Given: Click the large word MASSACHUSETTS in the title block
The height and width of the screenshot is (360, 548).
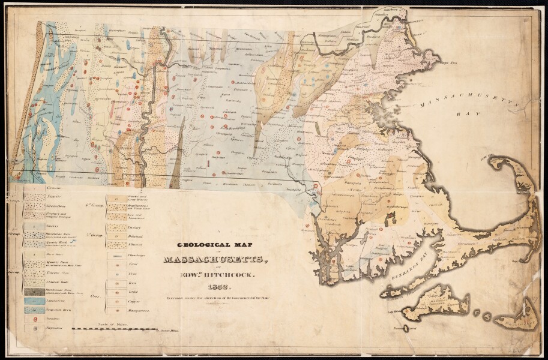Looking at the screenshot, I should pyautogui.click(x=211, y=259).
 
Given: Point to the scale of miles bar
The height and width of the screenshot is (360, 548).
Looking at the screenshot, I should pyautogui.click(x=114, y=329).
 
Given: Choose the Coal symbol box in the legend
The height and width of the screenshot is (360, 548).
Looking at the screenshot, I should pyautogui.click(x=116, y=265).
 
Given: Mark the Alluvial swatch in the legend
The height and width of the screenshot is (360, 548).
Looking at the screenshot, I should pyautogui.click(x=116, y=245).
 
